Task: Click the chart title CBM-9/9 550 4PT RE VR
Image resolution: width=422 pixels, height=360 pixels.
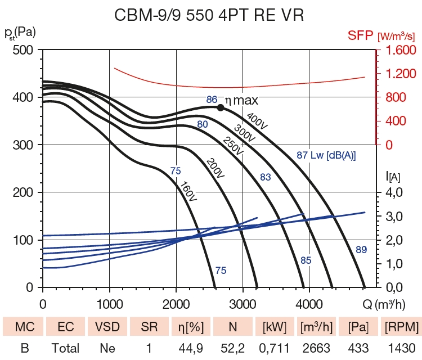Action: (x=209, y=15)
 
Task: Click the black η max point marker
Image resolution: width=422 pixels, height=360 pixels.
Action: (x=221, y=107)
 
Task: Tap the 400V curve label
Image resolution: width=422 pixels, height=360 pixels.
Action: (x=256, y=121)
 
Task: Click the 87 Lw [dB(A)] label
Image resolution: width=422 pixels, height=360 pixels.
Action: (x=326, y=155)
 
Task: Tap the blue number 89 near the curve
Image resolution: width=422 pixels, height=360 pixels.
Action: (x=362, y=249)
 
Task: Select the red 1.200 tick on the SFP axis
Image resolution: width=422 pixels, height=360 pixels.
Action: (x=401, y=74)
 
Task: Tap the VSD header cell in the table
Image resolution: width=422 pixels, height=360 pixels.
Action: (x=107, y=326)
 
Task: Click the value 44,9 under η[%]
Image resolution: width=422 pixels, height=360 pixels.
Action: (x=191, y=348)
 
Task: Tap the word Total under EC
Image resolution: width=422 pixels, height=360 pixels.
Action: (x=66, y=348)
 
